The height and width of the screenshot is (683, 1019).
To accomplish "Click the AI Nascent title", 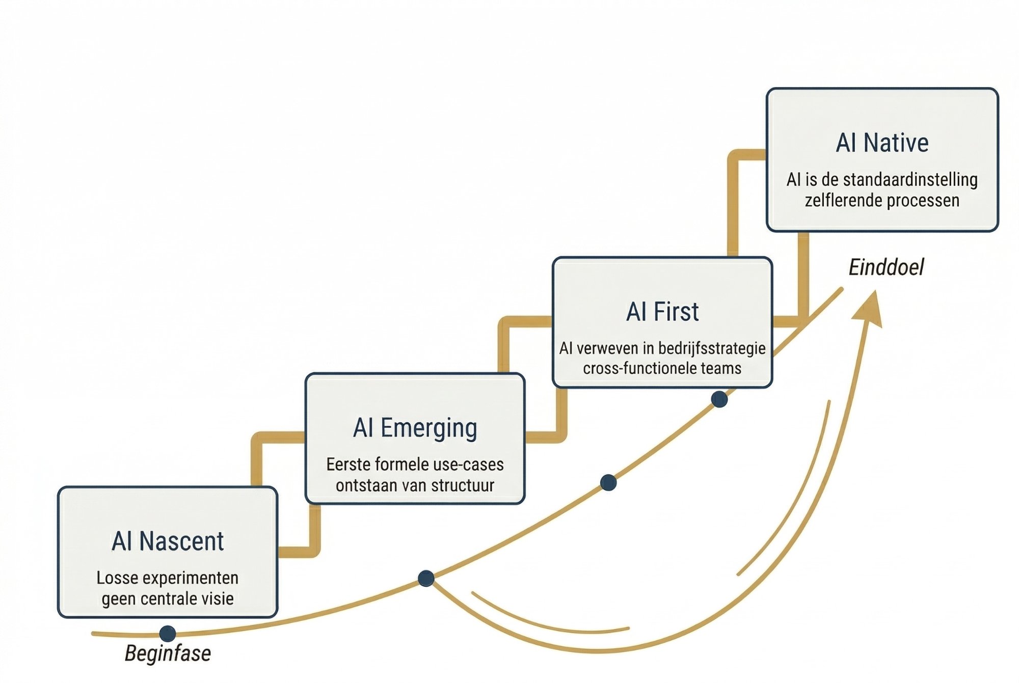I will pyautogui.click(x=168, y=541).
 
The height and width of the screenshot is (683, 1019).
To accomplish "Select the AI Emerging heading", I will pyautogui.click(x=415, y=428).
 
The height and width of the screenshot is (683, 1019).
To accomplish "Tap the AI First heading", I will pyautogui.click(x=662, y=312).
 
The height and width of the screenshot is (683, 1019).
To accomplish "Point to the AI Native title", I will pyautogui.click(x=882, y=143).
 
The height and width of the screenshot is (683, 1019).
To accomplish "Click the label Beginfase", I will pyautogui.click(x=168, y=653).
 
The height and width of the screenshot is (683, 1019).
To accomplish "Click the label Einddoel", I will pyautogui.click(x=886, y=267).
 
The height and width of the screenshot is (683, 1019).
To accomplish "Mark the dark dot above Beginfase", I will pyautogui.click(x=168, y=634).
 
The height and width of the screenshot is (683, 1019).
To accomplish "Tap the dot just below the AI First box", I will pyautogui.click(x=719, y=399).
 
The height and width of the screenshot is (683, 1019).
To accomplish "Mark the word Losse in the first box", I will pyautogui.click(x=115, y=578).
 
